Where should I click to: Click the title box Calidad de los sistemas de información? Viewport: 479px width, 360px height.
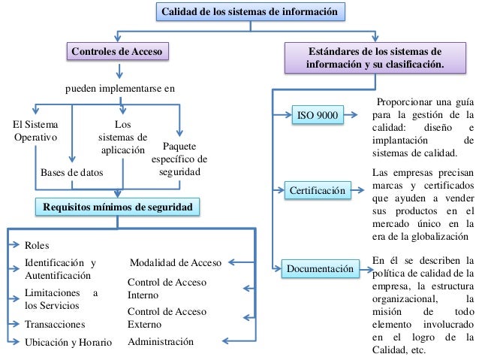click(x=252, y=12)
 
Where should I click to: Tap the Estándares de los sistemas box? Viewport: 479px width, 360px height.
click(x=375, y=59)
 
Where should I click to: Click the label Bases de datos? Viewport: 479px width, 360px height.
click(x=71, y=174)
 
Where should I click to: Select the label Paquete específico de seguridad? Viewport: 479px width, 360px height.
click(x=179, y=159)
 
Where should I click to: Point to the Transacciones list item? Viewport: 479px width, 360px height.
click(x=55, y=325)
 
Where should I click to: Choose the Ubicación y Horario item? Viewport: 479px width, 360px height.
click(x=68, y=342)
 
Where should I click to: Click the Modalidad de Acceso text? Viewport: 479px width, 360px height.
click(x=175, y=263)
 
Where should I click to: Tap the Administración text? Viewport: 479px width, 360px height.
click(x=161, y=342)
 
